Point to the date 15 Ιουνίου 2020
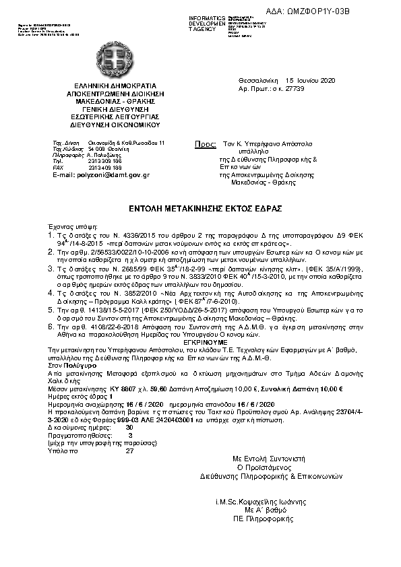click(310, 80)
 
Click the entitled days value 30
click(129, 427)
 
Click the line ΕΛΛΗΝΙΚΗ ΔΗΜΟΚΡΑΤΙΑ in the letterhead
click(119, 86)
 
